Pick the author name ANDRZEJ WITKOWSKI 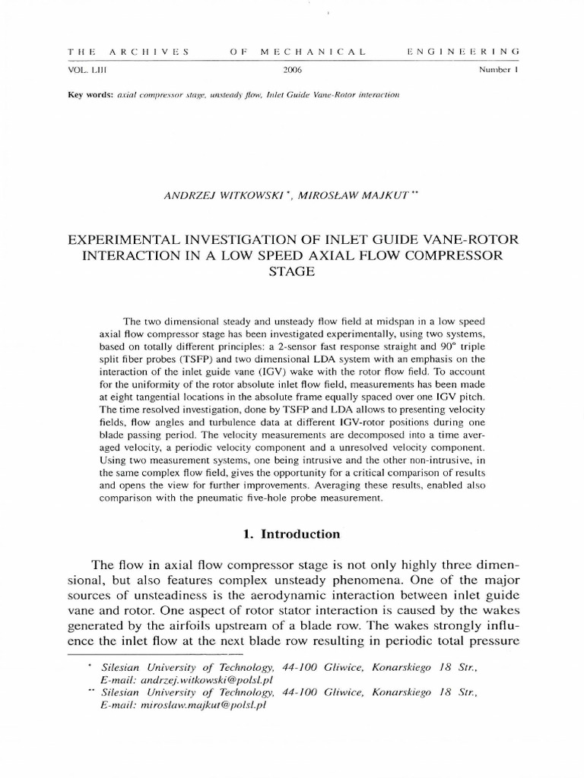coord(215,195)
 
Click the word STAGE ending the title coord(292,271)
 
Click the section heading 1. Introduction coord(292,534)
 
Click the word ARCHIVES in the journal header coord(148,52)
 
